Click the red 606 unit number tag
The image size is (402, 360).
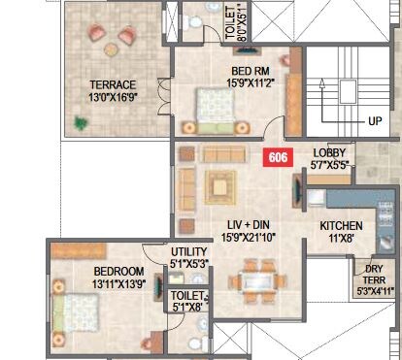pos(279,156)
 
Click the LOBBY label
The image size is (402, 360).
pos(330,153)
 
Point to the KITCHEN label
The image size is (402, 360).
pos(342,226)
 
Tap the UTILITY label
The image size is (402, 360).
pos(189,250)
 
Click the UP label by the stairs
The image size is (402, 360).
pos(375,122)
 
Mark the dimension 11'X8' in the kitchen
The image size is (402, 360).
pos(342,239)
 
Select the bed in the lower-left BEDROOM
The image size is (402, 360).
pos(78,315)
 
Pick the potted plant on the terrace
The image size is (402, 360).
pos(83,123)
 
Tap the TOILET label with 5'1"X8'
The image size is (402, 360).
pos(187,297)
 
